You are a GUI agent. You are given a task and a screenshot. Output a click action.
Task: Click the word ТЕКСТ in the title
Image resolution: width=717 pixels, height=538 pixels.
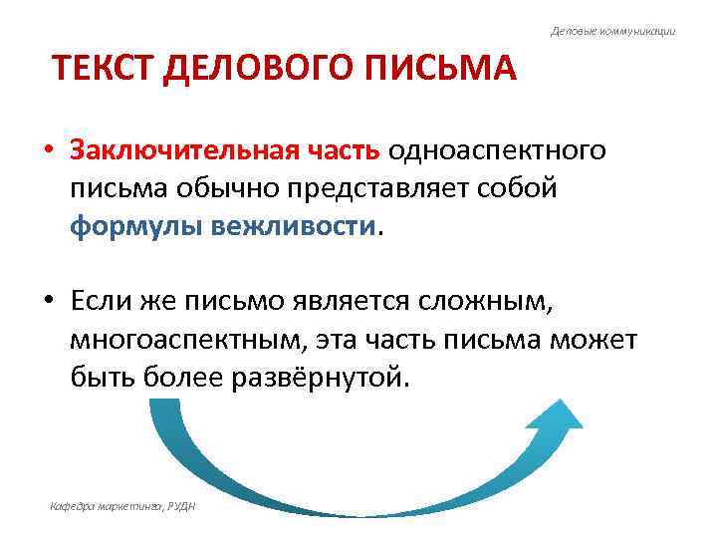pyautogui.click(x=101, y=70)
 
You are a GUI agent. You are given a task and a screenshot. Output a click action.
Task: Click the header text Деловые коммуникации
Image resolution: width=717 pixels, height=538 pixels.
pyautogui.click(x=612, y=31)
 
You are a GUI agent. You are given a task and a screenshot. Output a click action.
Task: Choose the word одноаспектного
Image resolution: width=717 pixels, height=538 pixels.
pyautogui.click(x=497, y=151)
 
